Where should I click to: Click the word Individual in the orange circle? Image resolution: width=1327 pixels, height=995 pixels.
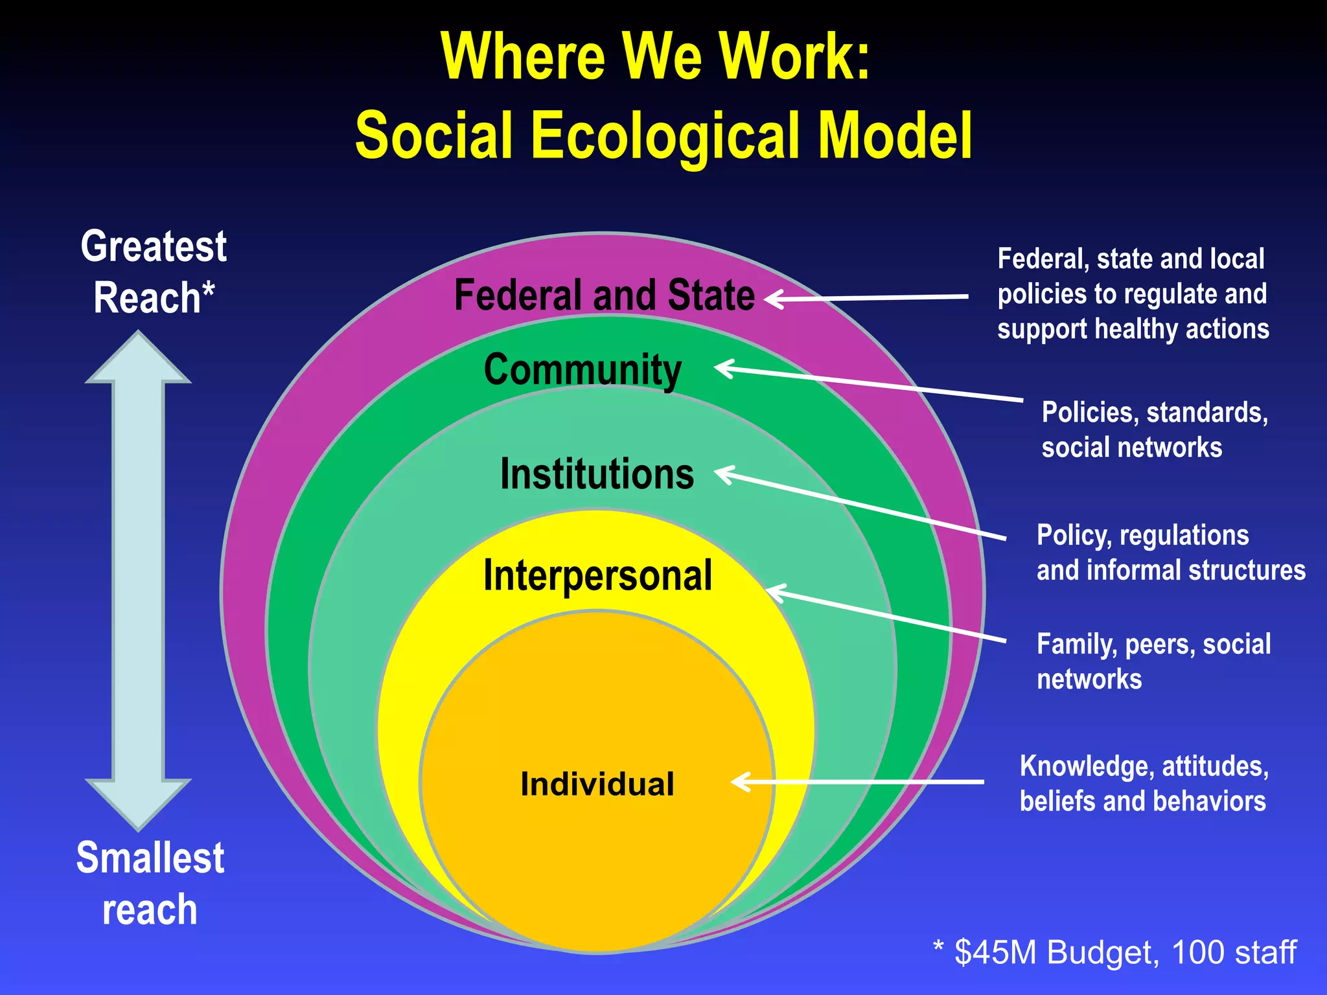pyautogui.click(x=597, y=784)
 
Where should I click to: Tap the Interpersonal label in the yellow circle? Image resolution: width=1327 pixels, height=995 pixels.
pyautogui.click(x=597, y=575)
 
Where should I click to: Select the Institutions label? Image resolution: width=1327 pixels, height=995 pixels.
pyautogui.click(x=597, y=474)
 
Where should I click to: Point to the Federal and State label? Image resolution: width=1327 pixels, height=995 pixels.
pyautogui.click(x=604, y=295)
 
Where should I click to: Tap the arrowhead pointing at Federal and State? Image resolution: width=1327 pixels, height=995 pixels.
pyautogui.click(x=775, y=299)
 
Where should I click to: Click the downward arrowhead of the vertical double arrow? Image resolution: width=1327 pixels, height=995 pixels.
pyautogui.click(x=138, y=803)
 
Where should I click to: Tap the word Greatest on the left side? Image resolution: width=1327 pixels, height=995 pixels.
pyautogui.click(x=154, y=247)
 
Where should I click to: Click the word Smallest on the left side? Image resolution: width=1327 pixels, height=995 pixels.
pyautogui.click(x=150, y=858)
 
